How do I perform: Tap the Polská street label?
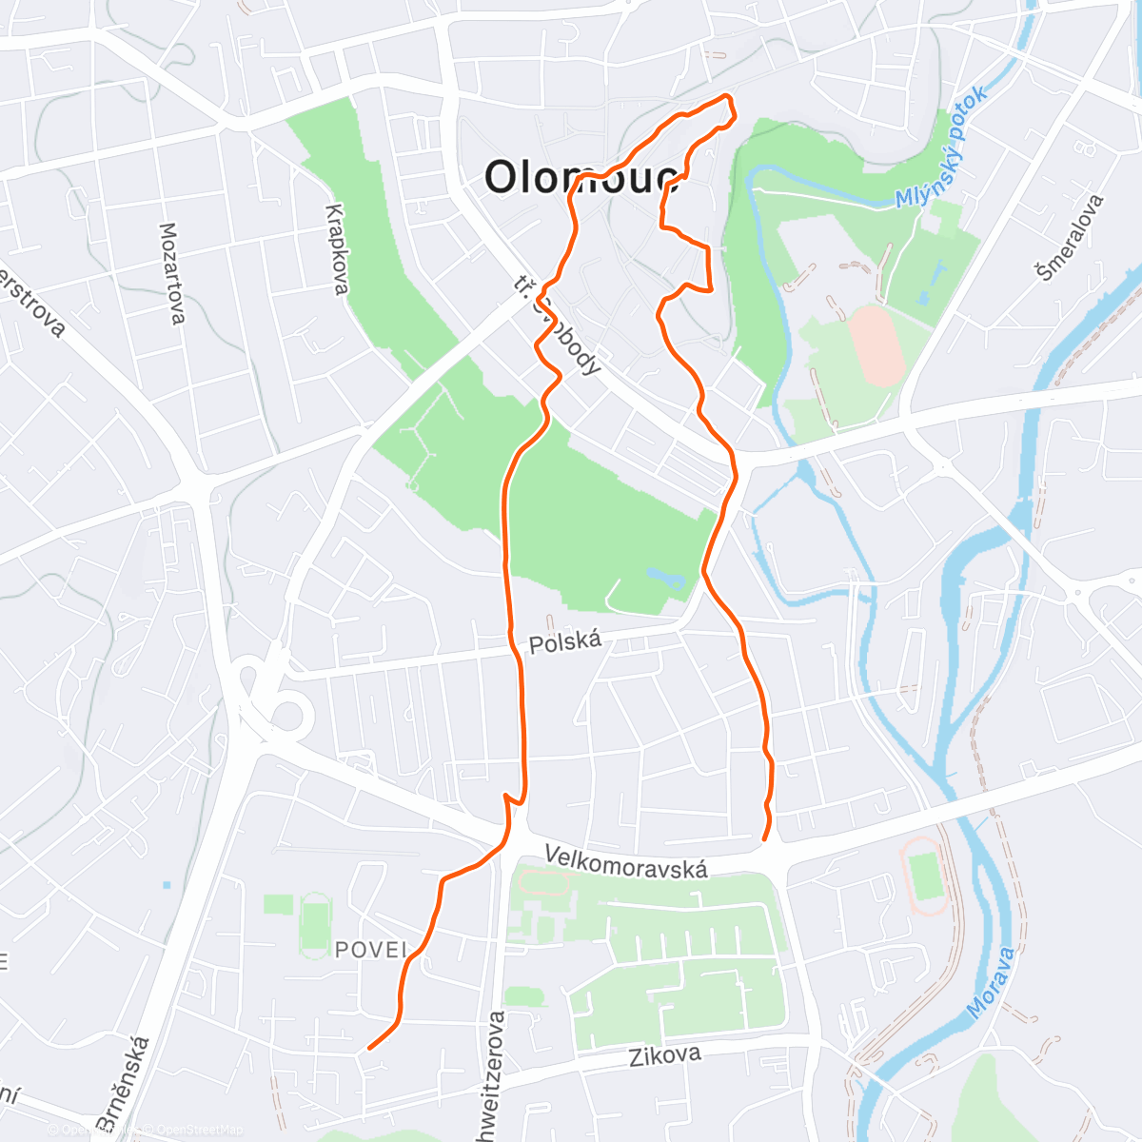[x=565, y=642]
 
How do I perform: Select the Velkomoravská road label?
[x=626, y=861]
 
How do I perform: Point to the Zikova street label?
[x=665, y=1055]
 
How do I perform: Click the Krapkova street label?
[x=335, y=249]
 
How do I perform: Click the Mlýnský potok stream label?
[x=942, y=148]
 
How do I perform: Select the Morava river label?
[x=991, y=981]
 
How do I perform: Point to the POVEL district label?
[x=370, y=949]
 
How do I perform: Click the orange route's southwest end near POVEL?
[x=369, y=1048]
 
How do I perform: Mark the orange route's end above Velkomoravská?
[x=765, y=839]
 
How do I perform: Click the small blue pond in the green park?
[x=663, y=577]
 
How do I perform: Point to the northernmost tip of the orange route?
[x=728, y=96]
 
